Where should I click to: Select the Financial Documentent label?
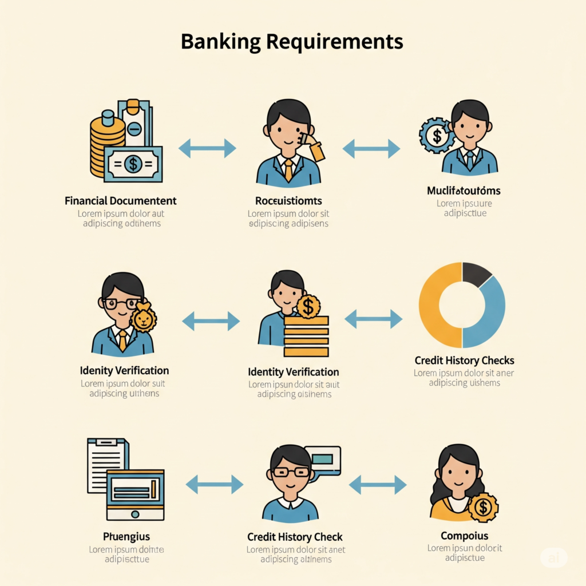tap(121, 201)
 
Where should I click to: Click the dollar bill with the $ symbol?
tap(133, 164)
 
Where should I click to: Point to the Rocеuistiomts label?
tap(288, 201)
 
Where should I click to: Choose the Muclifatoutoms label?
tap(464, 191)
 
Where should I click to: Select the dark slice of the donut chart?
tap(476, 274)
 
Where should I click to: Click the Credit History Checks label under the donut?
tap(464, 361)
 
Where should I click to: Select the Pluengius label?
tap(126, 536)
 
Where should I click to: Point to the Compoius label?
tap(464, 536)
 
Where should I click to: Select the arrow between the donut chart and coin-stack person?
tap(373, 319)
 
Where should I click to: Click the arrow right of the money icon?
tap(207, 148)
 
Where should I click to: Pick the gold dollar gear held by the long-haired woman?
tap(483, 507)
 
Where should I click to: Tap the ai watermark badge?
tap(554, 557)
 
